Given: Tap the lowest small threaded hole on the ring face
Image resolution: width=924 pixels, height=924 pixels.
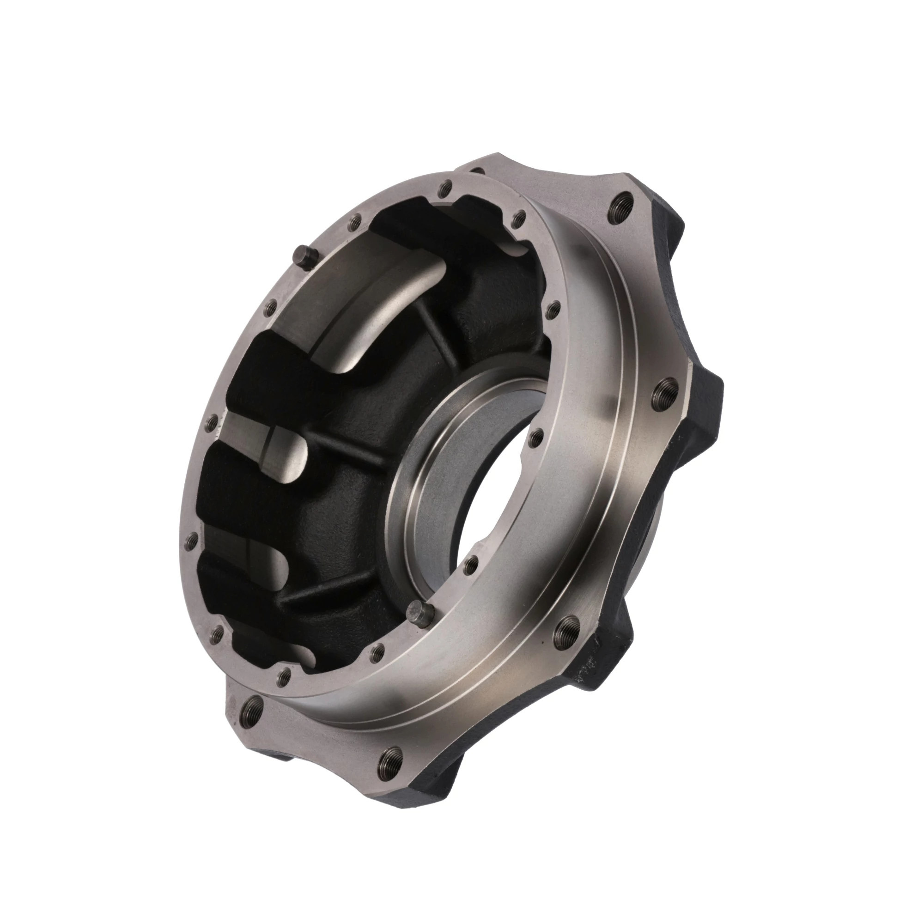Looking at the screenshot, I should point(284,675).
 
